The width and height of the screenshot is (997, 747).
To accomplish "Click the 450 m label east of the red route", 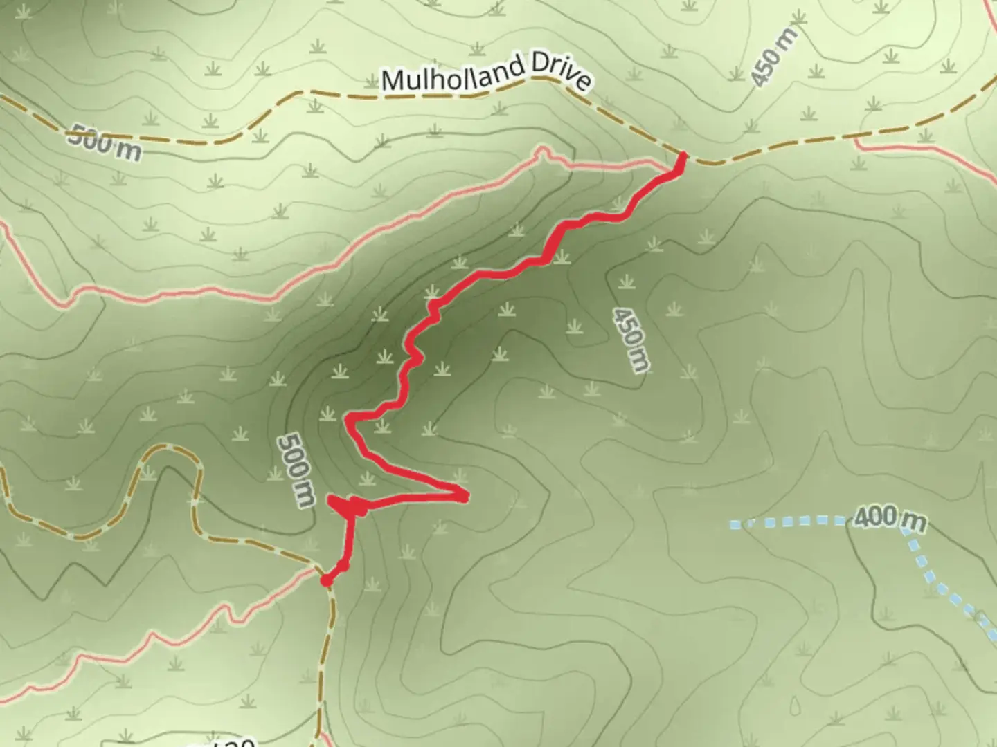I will tap(631, 340).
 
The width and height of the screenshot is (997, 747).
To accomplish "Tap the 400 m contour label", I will tap(889, 518).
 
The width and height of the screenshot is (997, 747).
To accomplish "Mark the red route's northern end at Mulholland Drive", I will tap(683, 156).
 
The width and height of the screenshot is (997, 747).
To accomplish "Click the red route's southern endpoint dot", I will tap(326, 580).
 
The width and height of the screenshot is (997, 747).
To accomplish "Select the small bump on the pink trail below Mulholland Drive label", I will tap(542, 151).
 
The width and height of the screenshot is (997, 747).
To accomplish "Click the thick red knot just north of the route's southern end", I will tap(357, 508).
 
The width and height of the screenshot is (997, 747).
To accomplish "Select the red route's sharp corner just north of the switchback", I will tap(350, 418).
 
